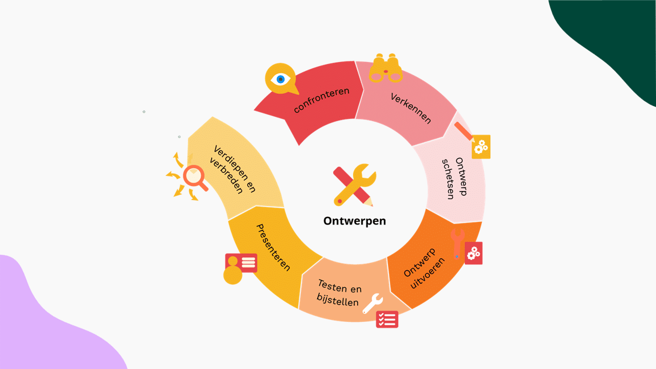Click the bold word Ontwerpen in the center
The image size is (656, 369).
(x=355, y=221)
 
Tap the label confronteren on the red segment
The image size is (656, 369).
(x=321, y=100)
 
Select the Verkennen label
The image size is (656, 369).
(x=411, y=108)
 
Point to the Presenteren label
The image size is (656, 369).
(x=273, y=248)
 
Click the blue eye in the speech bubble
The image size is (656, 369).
(x=280, y=79)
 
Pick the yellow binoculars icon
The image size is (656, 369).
(x=386, y=68)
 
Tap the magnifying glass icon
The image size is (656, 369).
(x=195, y=178)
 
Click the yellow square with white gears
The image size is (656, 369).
(x=481, y=147)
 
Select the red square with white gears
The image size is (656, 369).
(x=473, y=253)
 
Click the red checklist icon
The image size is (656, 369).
(x=387, y=319)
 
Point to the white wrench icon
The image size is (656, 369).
(x=373, y=303)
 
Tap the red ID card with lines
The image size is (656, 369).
(x=241, y=263)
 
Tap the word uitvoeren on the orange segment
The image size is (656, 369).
(x=427, y=273)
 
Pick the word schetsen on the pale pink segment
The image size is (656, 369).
(x=448, y=179)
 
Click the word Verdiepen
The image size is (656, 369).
(x=231, y=163)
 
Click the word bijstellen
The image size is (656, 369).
(x=338, y=300)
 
